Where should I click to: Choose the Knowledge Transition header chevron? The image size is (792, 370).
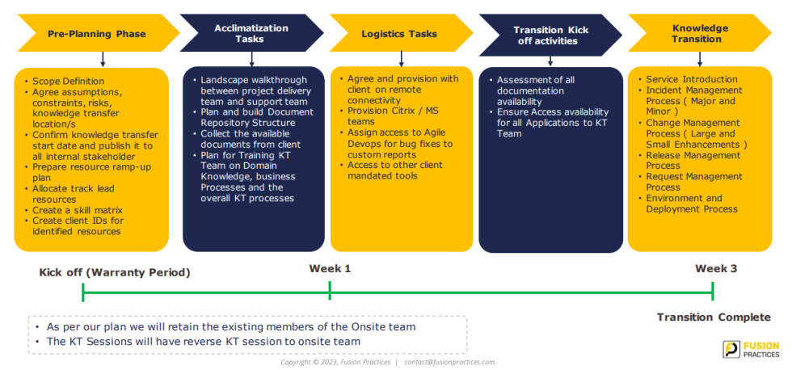(700, 33)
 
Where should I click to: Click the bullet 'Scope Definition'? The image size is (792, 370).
(68, 81)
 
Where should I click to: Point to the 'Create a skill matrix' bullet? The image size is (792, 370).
(77, 210)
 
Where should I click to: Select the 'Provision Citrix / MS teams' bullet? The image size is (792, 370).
(393, 116)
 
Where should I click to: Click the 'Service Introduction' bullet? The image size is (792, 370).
(692, 79)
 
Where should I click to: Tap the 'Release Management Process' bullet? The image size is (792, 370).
(693, 160)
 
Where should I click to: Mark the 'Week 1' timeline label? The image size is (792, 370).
(330, 268)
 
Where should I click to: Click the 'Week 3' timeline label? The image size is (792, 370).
(716, 268)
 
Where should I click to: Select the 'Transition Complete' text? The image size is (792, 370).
(714, 317)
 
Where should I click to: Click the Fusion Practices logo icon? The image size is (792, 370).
(731, 349)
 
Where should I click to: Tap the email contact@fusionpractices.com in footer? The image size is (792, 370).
(449, 362)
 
